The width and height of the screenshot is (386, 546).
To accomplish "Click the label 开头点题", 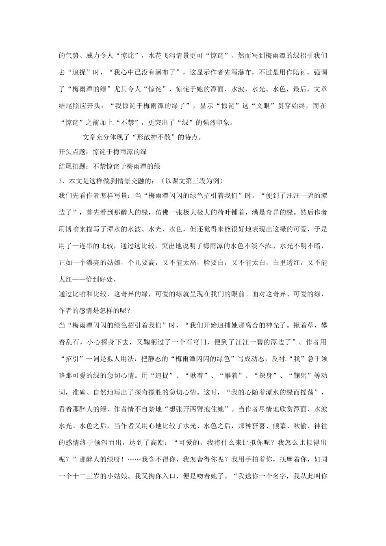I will tap(72, 152).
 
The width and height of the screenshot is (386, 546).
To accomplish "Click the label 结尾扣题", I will tap(72, 166).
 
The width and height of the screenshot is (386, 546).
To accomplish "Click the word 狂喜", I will tap(258, 425).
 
